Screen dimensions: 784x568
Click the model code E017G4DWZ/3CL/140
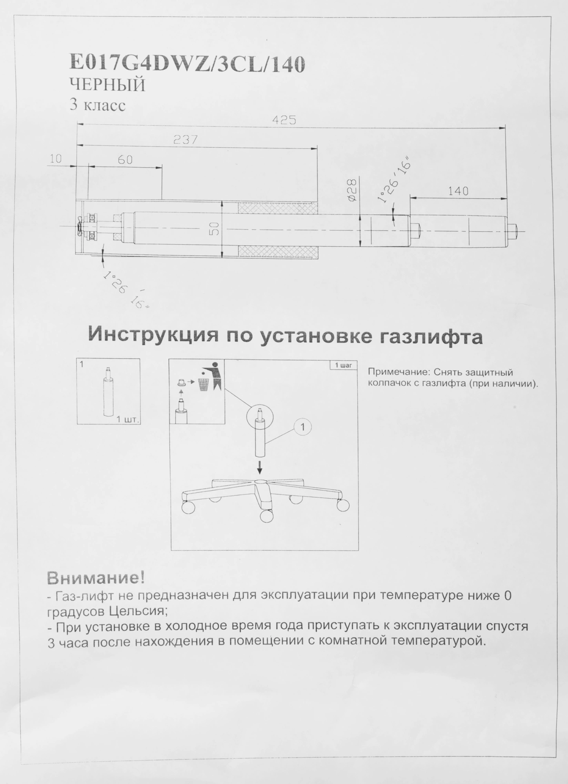(x=187, y=64)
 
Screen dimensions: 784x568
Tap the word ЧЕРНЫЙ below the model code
(x=107, y=85)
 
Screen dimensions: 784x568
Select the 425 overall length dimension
(x=284, y=120)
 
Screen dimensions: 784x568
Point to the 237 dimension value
(x=185, y=140)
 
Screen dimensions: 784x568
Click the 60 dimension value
(x=125, y=160)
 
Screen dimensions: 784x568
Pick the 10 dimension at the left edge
(x=56, y=159)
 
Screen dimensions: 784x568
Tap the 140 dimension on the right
(x=458, y=191)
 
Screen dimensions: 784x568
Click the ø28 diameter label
(x=352, y=190)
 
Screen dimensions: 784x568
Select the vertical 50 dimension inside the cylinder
(x=214, y=229)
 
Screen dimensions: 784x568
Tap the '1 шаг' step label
(x=343, y=365)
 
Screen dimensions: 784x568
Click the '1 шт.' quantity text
(x=128, y=420)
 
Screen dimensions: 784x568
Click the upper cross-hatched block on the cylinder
(x=278, y=208)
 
